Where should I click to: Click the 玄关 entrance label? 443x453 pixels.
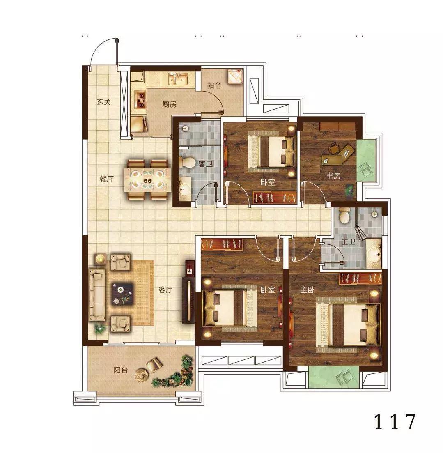(x=104, y=102)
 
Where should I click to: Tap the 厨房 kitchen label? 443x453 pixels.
(x=169, y=104)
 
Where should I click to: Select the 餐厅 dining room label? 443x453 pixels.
(x=107, y=179)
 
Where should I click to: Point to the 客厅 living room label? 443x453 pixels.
(x=165, y=290)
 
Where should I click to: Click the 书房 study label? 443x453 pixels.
(x=333, y=175)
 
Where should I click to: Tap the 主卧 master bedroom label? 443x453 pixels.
(x=307, y=290)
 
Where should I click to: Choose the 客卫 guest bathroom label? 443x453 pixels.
(x=206, y=164)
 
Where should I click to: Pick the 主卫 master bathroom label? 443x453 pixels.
(x=348, y=241)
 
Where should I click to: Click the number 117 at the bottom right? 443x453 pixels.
(x=395, y=421)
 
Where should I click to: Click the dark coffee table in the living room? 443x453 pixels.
(x=122, y=293)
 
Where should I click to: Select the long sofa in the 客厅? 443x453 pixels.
(x=97, y=295)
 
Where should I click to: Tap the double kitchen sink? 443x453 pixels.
(x=178, y=79)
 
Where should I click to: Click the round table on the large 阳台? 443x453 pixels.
(x=142, y=375)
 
